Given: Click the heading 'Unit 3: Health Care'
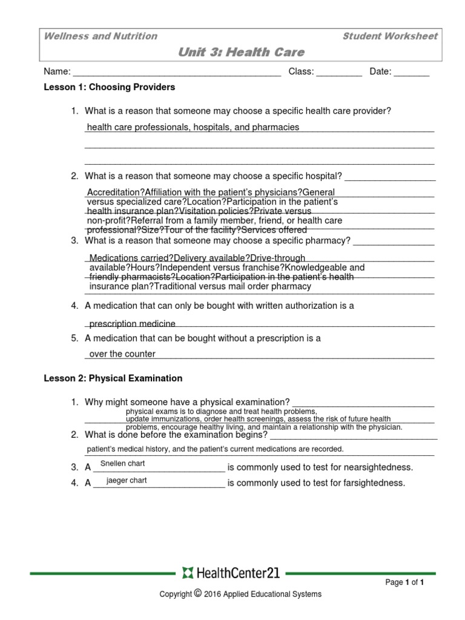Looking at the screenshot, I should point(241,52).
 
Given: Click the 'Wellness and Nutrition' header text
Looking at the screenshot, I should point(101,36).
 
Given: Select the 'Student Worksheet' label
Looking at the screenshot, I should point(389,36).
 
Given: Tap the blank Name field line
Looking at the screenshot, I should point(176,73).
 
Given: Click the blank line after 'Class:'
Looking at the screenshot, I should point(339,73).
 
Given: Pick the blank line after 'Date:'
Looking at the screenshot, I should point(411,73).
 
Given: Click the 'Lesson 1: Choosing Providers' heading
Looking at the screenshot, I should point(110,87).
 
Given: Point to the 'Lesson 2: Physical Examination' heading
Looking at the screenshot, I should point(113,378).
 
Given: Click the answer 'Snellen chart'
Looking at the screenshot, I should point(122,464).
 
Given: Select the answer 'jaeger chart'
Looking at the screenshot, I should point(127,480).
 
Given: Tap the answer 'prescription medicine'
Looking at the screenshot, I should point(133,324).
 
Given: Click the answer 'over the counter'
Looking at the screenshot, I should point(122,354).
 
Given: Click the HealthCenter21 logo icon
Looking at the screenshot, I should point(186,573).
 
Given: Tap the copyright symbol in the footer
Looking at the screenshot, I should point(197,593).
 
